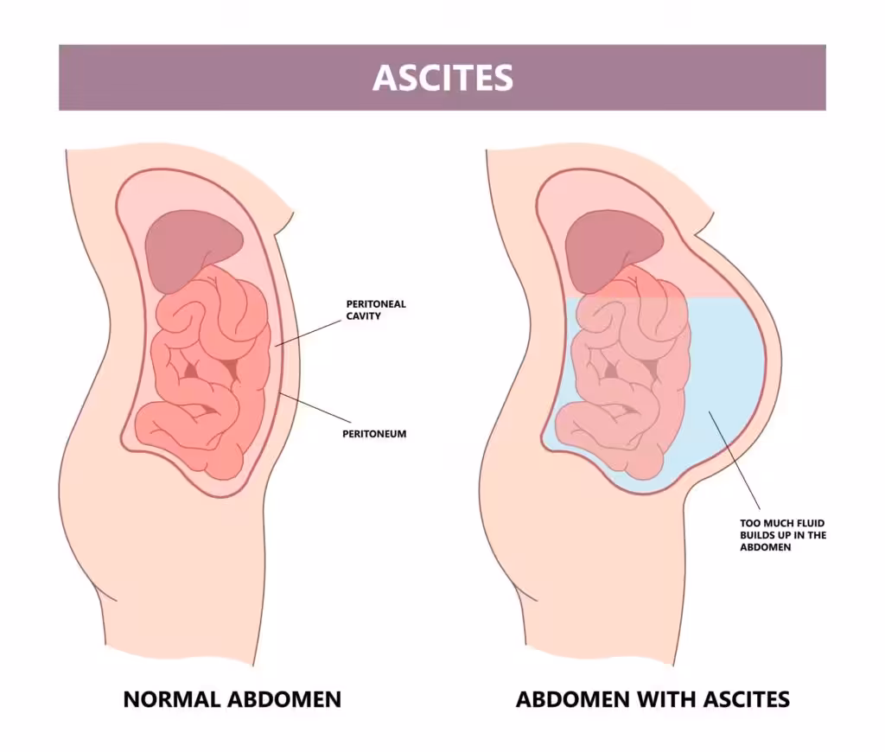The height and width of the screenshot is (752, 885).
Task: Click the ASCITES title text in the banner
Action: tap(442, 77)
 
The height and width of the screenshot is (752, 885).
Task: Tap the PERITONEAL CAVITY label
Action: tap(376, 310)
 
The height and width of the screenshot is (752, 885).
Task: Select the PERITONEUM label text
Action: tap(374, 434)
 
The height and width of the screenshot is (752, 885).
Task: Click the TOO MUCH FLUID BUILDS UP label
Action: tap(783, 535)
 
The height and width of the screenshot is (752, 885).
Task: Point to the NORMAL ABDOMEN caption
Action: tap(232, 699)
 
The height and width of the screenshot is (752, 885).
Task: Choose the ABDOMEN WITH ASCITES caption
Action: tap(653, 699)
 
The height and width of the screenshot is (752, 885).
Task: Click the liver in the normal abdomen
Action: tap(194, 248)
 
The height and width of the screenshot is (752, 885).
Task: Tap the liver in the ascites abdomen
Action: tap(614, 248)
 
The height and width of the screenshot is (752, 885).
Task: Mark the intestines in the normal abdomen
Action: tap(203, 373)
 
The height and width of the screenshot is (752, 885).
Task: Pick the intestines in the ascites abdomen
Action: tap(624, 373)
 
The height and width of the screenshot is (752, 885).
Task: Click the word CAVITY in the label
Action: tap(364, 316)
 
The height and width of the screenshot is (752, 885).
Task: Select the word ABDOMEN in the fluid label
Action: tap(766, 547)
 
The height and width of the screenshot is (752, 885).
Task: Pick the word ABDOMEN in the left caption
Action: tap(283, 699)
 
